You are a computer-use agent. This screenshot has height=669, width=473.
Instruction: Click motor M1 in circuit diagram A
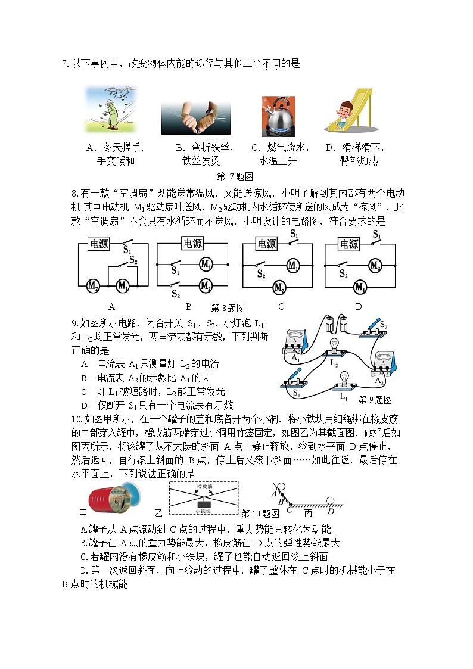(123, 286)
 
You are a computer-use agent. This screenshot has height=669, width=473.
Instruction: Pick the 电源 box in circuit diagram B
(192, 243)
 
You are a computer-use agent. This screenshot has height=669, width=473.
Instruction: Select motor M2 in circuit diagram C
(279, 288)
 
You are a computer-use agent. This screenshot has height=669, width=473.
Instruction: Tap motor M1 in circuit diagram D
(360, 288)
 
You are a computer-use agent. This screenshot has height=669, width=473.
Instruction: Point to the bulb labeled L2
(335, 349)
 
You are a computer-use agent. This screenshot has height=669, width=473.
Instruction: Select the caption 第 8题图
(228, 309)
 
